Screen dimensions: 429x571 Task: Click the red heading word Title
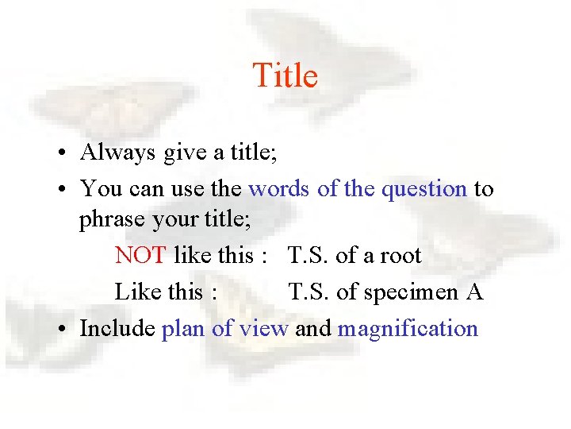[285, 76]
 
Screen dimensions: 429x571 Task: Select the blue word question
[424, 189]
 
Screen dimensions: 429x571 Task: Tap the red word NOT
[140, 256]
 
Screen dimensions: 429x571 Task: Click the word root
[400, 256]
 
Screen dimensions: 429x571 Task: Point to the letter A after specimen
[474, 292]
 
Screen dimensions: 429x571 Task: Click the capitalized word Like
[136, 292]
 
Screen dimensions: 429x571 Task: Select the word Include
[117, 329]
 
